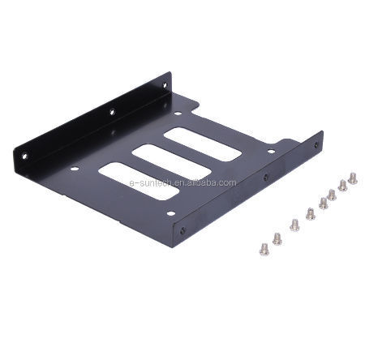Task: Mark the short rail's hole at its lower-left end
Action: pyautogui.click(x=182, y=229)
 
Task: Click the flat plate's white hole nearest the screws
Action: pyautogui.click(x=270, y=151)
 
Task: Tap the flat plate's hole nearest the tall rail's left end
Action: pyautogui.click(x=75, y=169)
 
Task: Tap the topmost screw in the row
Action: pyautogui.click(x=352, y=177)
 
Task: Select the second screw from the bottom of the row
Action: pyautogui.click(x=277, y=238)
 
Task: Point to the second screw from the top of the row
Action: pyautogui.click(x=342, y=185)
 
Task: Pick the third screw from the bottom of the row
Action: pyautogui.click(x=294, y=225)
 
